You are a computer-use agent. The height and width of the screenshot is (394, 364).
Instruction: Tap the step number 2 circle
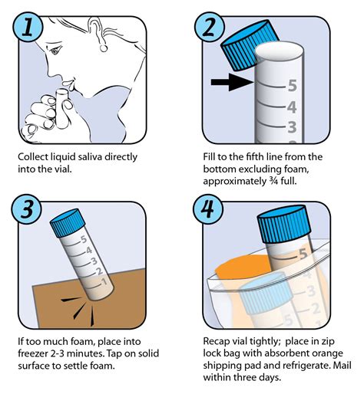(210, 26)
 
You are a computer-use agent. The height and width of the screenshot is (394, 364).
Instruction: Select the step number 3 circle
(27, 209)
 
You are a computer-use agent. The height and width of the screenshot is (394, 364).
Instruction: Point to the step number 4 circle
(208, 209)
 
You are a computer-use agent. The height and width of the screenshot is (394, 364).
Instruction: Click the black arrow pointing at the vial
(232, 82)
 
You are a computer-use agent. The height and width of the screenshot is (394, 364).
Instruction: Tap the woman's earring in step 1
(104, 48)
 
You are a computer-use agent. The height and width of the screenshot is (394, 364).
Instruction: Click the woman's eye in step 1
(55, 51)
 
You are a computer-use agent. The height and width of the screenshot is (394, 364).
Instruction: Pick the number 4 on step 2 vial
(292, 107)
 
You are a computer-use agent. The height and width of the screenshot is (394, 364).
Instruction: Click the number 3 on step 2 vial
(292, 127)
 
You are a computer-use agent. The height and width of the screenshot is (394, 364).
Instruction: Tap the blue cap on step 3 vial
(68, 223)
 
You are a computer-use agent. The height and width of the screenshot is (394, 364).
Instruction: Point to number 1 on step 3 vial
(104, 282)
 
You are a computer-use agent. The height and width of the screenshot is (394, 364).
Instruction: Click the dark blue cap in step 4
(284, 224)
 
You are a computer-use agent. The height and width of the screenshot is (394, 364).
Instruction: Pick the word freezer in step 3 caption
(32, 353)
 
